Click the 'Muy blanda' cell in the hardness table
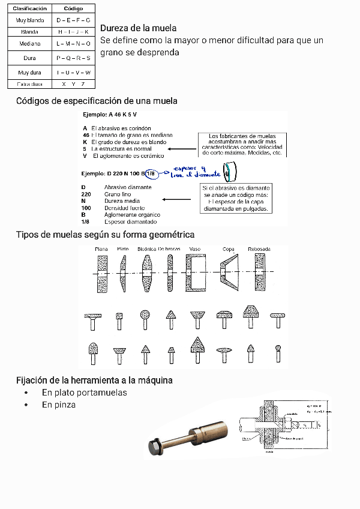point(29,20)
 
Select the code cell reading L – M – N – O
point(73,44)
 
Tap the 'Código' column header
point(73,9)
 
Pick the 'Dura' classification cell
point(29,58)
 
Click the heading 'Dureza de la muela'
point(139,28)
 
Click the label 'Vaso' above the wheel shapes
point(194,248)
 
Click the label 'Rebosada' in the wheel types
point(259,248)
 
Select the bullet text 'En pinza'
point(59,405)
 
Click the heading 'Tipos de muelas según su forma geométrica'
point(105,234)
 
